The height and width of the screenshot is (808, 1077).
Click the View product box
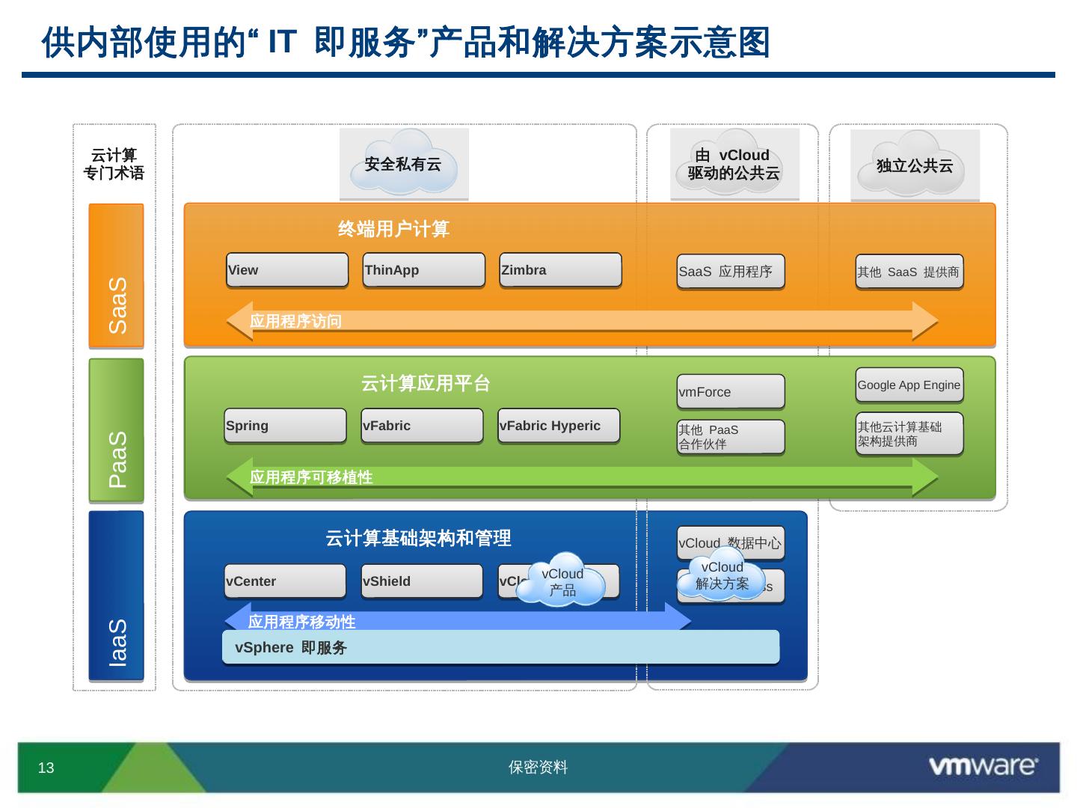click(287, 270)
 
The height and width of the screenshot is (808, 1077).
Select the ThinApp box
click(424, 270)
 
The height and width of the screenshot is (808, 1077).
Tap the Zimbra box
click(560, 270)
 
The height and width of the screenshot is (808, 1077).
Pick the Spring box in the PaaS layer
click(285, 426)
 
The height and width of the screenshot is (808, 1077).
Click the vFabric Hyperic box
click(559, 426)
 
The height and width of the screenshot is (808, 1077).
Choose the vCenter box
click(285, 581)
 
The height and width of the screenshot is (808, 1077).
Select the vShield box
click(422, 581)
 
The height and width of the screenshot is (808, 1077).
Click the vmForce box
click(731, 392)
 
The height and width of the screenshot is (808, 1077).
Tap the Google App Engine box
click(909, 385)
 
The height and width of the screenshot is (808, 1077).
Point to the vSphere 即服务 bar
click(500, 647)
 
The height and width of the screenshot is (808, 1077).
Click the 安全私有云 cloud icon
click(404, 164)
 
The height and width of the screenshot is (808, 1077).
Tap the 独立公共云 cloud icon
click(915, 165)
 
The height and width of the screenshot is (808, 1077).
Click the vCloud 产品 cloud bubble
click(562, 581)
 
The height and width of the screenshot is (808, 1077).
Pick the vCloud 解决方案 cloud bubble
click(722, 575)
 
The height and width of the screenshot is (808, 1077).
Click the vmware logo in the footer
click(983, 766)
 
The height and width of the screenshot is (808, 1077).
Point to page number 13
click(46, 768)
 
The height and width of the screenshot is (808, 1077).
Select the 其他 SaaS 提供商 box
click(909, 272)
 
